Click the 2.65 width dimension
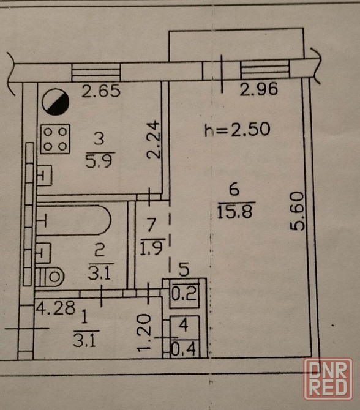pyautogui.click(x=101, y=91)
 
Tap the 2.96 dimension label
pyautogui.click(x=259, y=89)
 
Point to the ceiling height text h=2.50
pyautogui.click(x=237, y=130)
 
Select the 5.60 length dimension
pyautogui.click(x=298, y=211)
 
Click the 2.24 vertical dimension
pyautogui.click(x=153, y=140)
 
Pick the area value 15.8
pyautogui.click(x=235, y=212)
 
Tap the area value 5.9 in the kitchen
pyautogui.click(x=99, y=160)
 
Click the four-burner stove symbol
pyautogui.click(x=55, y=139)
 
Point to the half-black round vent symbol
pyautogui.click(x=56, y=102)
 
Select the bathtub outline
pyautogui.click(x=73, y=220)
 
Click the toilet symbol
pyautogui.click(x=50, y=277)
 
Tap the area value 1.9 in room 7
pyautogui.click(x=152, y=248)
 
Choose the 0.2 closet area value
pyautogui.click(x=184, y=293)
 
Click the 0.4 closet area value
pyautogui.click(x=184, y=349)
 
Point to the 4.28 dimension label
pyautogui.click(x=56, y=308)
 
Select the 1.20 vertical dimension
pyautogui.click(x=144, y=333)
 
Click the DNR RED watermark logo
pyautogui.click(x=328, y=379)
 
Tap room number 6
pyautogui.click(x=234, y=189)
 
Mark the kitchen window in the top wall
pyautogui.click(x=96, y=72)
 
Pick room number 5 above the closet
pyautogui.click(x=184, y=269)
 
